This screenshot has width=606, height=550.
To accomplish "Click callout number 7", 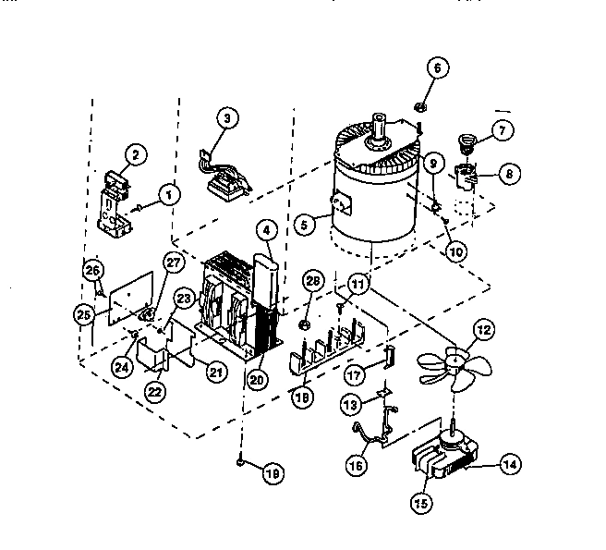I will click(501, 130).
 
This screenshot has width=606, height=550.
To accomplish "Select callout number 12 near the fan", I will click(481, 331).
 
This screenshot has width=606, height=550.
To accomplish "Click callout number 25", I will click(85, 315).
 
